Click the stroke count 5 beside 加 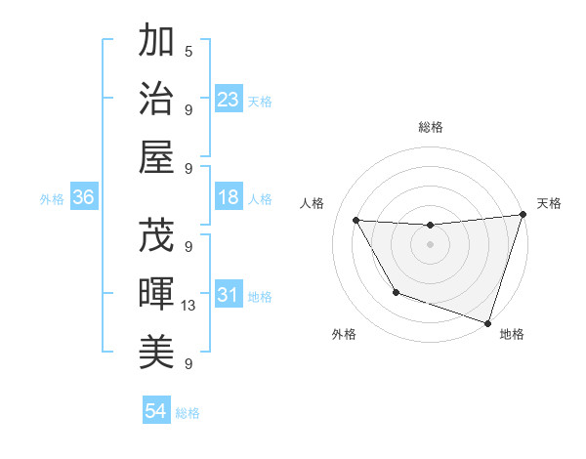[188, 51]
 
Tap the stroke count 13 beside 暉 [188, 306]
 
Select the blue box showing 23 [229, 100]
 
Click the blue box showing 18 [229, 198]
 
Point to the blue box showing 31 [229, 296]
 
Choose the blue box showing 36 [84, 198]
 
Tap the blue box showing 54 [156, 411]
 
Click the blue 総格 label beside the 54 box [188, 413]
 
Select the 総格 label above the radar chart [430, 127]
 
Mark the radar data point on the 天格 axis [523, 215]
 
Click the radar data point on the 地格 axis [486, 321]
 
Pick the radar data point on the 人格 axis [356, 221]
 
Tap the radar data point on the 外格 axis [396, 292]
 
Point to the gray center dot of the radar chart [430, 245]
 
